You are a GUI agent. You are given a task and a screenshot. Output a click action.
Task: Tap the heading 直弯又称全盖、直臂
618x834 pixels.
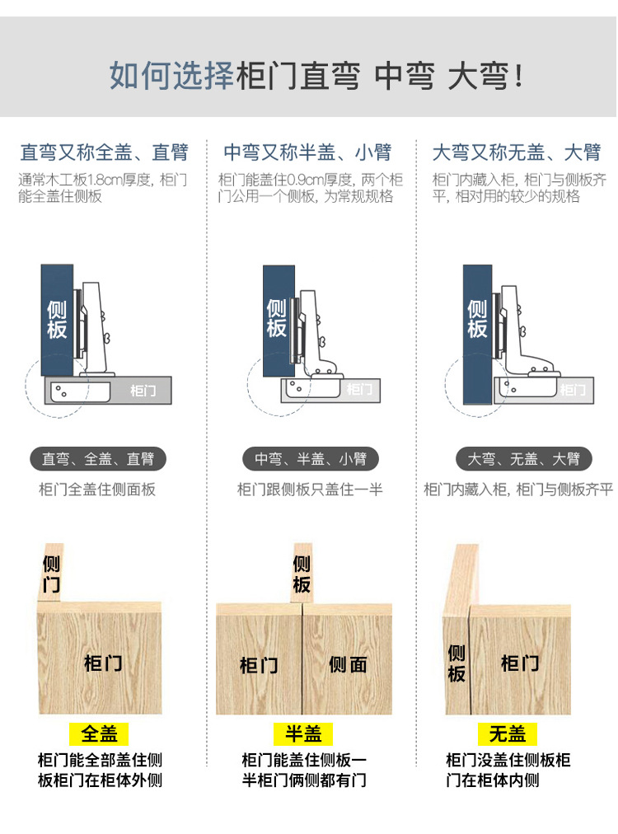pyautogui.click(x=104, y=152)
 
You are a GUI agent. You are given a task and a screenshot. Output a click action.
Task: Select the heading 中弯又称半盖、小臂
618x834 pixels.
pyautogui.click(x=307, y=152)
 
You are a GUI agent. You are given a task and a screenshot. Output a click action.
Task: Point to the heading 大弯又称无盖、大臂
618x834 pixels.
pyautogui.click(x=517, y=152)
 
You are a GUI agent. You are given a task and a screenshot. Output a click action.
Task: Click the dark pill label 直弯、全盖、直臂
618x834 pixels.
pyautogui.click(x=98, y=459)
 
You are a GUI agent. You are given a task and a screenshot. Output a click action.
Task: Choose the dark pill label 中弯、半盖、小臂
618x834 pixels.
pyautogui.click(x=310, y=459)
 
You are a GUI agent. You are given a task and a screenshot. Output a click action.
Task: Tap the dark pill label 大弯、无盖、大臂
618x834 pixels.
pyautogui.click(x=523, y=459)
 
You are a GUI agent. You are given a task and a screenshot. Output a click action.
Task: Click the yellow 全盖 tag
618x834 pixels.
pyautogui.click(x=99, y=733)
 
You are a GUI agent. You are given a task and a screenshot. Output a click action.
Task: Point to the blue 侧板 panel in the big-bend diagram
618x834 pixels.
pyautogui.click(x=477, y=330)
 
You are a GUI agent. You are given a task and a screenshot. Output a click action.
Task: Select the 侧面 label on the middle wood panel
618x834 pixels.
pyautogui.click(x=348, y=664)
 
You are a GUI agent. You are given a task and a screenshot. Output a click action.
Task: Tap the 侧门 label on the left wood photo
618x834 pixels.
pyautogui.click(x=51, y=574)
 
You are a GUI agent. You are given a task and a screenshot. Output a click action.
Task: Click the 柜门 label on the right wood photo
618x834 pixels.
pyautogui.click(x=520, y=663)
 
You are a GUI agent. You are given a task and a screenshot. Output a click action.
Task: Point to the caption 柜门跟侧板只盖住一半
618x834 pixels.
pyautogui.click(x=310, y=490)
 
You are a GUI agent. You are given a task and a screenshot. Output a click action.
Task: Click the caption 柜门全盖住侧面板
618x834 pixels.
pyautogui.click(x=97, y=490)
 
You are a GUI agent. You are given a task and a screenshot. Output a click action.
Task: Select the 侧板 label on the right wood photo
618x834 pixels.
pyautogui.click(x=456, y=663)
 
